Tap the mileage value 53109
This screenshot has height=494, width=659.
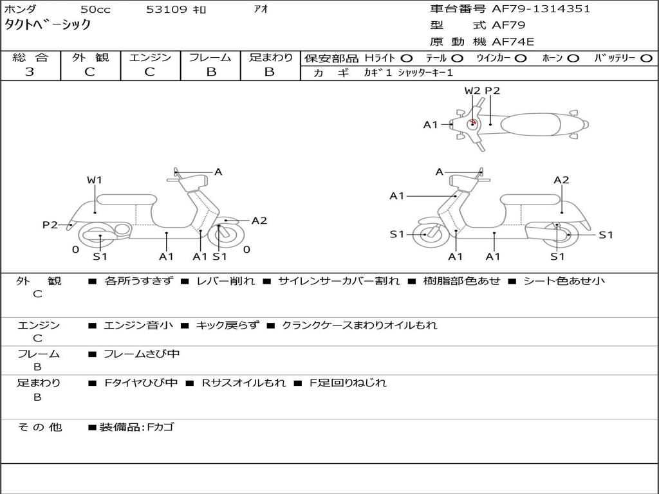[x=167, y=10]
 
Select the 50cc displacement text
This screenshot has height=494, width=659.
[x=95, y=10]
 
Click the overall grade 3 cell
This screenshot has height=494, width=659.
[x=30, y=71]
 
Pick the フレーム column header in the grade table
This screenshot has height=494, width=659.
[x=210, y=57]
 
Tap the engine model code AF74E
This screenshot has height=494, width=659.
[x=513, y=42]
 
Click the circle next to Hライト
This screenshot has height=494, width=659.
[x=407, y=58]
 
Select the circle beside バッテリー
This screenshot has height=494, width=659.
[x=647, y=58]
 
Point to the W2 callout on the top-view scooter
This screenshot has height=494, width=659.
[x=472, y=91]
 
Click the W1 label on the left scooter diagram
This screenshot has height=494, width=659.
[x=95, y=180]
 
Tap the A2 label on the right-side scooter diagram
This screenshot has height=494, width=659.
[x=561, y=180]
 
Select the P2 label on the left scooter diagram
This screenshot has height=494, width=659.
[x=50, y=224]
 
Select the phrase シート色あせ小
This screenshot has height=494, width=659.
[x=563, y=281]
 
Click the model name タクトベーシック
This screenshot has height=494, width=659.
[x=48, y=25]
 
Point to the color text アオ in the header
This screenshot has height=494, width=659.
[x=261, y=10]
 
